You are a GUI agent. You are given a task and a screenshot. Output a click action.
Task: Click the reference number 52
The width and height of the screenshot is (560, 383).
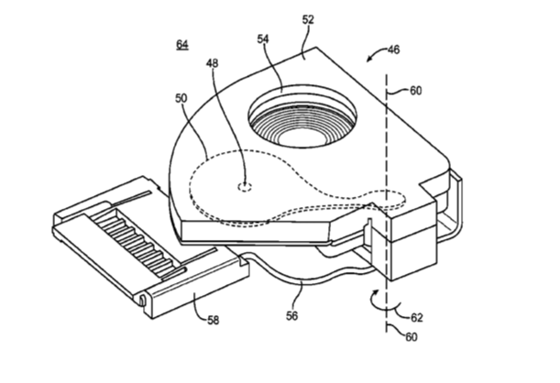coord(308,19)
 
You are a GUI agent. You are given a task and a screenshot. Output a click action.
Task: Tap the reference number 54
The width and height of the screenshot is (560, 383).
coord(263,38)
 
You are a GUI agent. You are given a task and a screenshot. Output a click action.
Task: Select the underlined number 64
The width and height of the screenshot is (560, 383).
coord(182,45)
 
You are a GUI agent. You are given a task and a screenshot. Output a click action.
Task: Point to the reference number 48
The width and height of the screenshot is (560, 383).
coord(212,63)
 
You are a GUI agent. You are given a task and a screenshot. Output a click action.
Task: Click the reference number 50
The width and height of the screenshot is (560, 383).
coord(181,98)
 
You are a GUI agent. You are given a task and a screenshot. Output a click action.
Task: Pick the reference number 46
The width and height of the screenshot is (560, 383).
coord(393,49)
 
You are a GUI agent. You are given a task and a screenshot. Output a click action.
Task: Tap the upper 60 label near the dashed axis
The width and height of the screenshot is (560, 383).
coord(415,91)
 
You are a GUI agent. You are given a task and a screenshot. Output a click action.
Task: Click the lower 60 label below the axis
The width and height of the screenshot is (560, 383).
coord(412,337)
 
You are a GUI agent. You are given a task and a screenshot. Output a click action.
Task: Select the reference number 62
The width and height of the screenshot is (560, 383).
coord(416,317)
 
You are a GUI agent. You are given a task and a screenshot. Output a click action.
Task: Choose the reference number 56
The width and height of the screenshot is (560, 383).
coord(291,315)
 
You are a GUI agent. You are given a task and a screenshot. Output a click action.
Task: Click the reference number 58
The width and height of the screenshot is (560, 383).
coord(214,320)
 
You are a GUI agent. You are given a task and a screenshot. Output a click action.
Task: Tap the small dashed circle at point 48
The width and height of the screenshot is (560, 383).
coord(245,187)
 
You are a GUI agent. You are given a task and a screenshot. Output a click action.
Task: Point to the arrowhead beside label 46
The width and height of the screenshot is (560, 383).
coord(369,60)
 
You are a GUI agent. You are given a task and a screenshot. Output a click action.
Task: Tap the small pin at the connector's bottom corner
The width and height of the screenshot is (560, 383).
coord(142,301)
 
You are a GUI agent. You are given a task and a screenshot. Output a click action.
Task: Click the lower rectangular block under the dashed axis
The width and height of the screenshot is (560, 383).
coord(413,259)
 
